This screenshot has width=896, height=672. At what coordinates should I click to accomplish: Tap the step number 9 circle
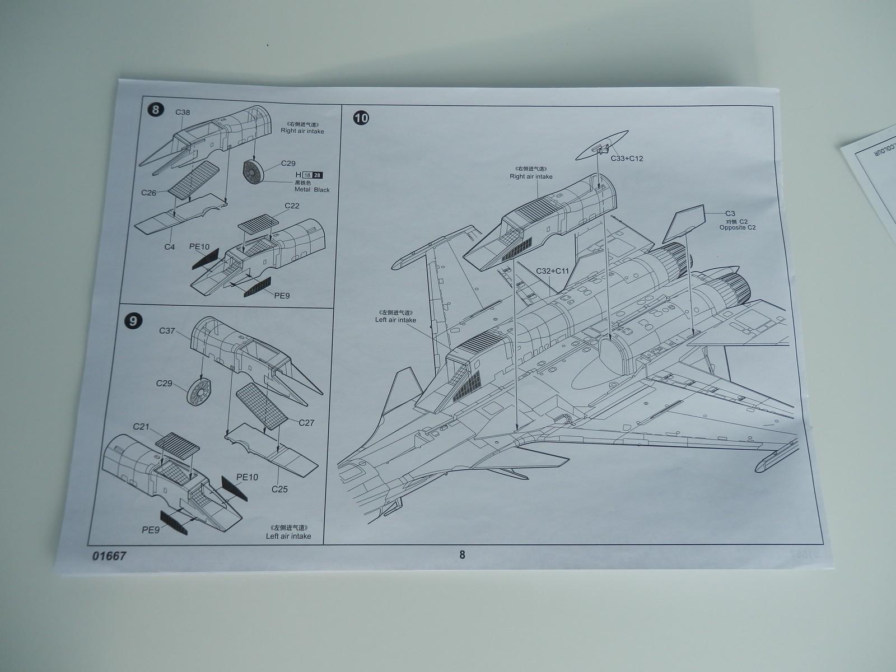133,321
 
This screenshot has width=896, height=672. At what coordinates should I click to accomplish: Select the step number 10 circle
362,118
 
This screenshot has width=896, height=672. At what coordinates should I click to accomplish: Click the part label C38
183,112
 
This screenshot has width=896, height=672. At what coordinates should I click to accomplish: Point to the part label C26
148,193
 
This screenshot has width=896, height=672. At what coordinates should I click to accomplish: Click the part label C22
292,206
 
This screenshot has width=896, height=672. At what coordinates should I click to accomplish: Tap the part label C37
167,330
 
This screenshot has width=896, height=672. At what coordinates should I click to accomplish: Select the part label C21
141,427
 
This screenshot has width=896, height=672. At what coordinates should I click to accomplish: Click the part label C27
306,423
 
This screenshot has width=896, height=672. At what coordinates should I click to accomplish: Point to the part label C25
279,489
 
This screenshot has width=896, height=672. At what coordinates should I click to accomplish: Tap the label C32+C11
552,271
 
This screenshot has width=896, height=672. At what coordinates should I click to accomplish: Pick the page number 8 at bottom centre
462,555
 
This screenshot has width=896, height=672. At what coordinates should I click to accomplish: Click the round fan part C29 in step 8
254,172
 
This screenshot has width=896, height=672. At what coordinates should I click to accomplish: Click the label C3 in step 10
730,213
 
